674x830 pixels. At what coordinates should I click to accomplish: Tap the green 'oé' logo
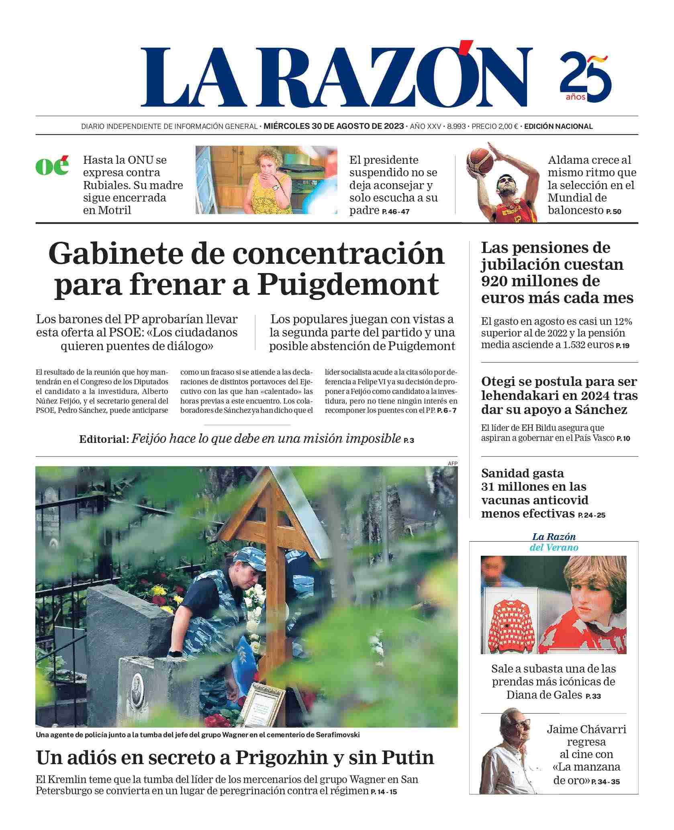[52, 165]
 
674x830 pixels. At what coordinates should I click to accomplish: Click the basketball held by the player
[480, 159]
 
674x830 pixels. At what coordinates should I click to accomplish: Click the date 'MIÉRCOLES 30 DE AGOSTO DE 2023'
[333, 126]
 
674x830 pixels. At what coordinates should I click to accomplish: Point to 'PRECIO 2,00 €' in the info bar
[495, 126]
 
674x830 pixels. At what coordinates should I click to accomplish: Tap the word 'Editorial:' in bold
[104, 439]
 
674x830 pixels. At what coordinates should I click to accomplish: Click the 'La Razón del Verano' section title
[554, 542]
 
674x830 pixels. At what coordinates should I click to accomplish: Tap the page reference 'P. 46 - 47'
[396, 212]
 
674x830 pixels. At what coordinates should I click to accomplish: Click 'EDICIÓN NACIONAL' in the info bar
[558, 126]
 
